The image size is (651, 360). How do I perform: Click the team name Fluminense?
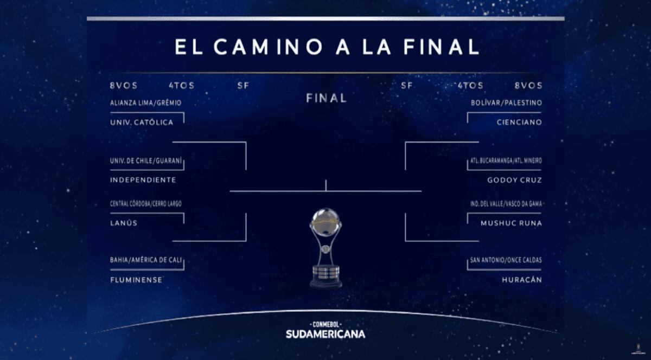[x=136, y=280]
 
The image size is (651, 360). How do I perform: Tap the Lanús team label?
[x=124, y=223]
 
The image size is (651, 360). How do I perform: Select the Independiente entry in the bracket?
[x=143, y=180]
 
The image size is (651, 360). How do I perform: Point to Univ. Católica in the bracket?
[x=142, y=123]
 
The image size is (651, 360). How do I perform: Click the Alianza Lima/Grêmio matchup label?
[x=145, y=103]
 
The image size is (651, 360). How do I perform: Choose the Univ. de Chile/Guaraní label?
[x=146, y=160]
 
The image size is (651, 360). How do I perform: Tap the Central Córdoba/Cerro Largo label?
[x=145, y=204]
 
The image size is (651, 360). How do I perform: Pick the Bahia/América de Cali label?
[x=146, y=260]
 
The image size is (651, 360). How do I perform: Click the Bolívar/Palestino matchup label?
[x=506, y=103]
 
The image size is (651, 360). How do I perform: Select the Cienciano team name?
[x=519, y=123]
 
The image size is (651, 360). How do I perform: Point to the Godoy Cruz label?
[x=515, y=180]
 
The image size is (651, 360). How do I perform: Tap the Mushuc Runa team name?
[x=511, y=223]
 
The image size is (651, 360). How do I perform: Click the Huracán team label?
[x=522, y=280]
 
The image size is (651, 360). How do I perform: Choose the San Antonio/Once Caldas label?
[x=506, y=260]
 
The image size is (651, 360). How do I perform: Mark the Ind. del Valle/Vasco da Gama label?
[x=506, y=204]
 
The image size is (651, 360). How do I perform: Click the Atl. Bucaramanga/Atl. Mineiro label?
[x=506, y=160]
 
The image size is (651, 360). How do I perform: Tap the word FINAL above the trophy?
[x=327, y=98]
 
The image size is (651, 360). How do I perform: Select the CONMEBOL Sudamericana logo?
[x=325, y=330]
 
